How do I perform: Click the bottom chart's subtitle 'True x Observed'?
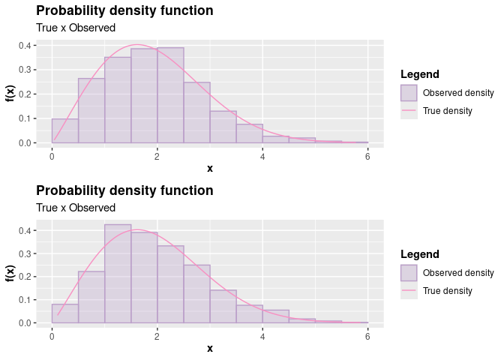point(76,208)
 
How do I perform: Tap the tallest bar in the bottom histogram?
point(118,274)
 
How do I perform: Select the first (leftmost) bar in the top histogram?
point(64,130)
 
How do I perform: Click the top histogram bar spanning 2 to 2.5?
point(170,95)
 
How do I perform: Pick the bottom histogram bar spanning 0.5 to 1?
point(91,297)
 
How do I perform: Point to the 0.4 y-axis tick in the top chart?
point(25,45)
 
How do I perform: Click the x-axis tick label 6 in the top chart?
point(367,154)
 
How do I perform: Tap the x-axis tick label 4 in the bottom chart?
point(262,334)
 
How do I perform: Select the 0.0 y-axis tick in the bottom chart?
point(25,323)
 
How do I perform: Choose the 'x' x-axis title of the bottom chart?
point(210,348)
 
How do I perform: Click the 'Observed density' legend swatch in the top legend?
point(409,93)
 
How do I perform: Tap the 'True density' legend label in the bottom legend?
point(448,291)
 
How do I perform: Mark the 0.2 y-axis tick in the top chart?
point(25,94)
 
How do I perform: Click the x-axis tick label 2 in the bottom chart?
point(157,334)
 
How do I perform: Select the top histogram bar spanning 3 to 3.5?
point(223,127)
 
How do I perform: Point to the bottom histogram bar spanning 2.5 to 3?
point(196,294)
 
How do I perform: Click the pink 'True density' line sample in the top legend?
point(409,111)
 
